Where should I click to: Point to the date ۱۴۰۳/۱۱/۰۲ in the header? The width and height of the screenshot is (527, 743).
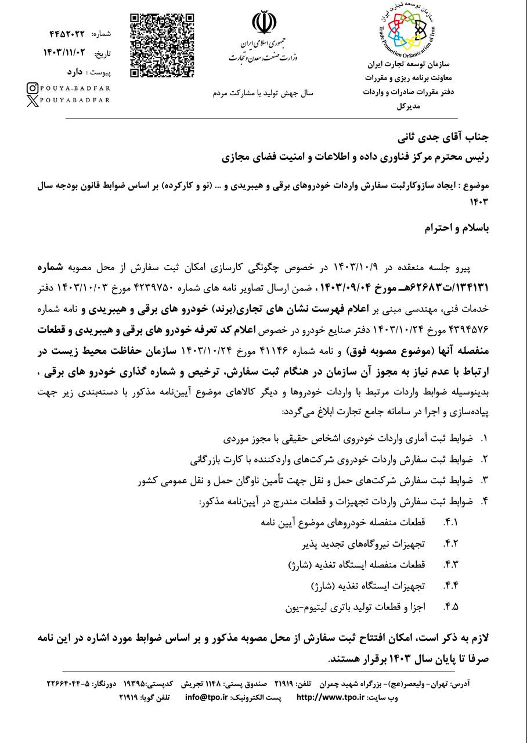click(x=64, y=53)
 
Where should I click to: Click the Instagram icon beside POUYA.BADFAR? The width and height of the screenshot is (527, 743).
click(x=34, y=88)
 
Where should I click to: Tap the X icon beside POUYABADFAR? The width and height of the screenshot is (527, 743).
click(x=34, y=100)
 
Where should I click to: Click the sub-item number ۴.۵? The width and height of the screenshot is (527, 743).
click(x=451, y=607)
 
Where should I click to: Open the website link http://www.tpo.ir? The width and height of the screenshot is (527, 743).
click(x=330, y=697)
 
